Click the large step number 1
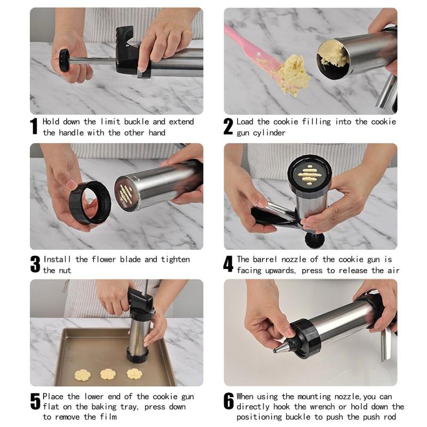point(34,126)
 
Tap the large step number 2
point(228,126)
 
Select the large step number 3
point(35,264)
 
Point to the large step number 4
point(228,264)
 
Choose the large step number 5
point(35,401)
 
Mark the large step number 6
point(229,401)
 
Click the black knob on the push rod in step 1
point(65,60)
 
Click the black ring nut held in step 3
point(90,203)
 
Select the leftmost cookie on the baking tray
point(83,375)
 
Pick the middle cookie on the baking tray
point(108,374)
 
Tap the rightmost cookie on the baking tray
point(135,374)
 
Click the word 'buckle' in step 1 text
point(137,122)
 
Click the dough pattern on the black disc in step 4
point(310,175)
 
